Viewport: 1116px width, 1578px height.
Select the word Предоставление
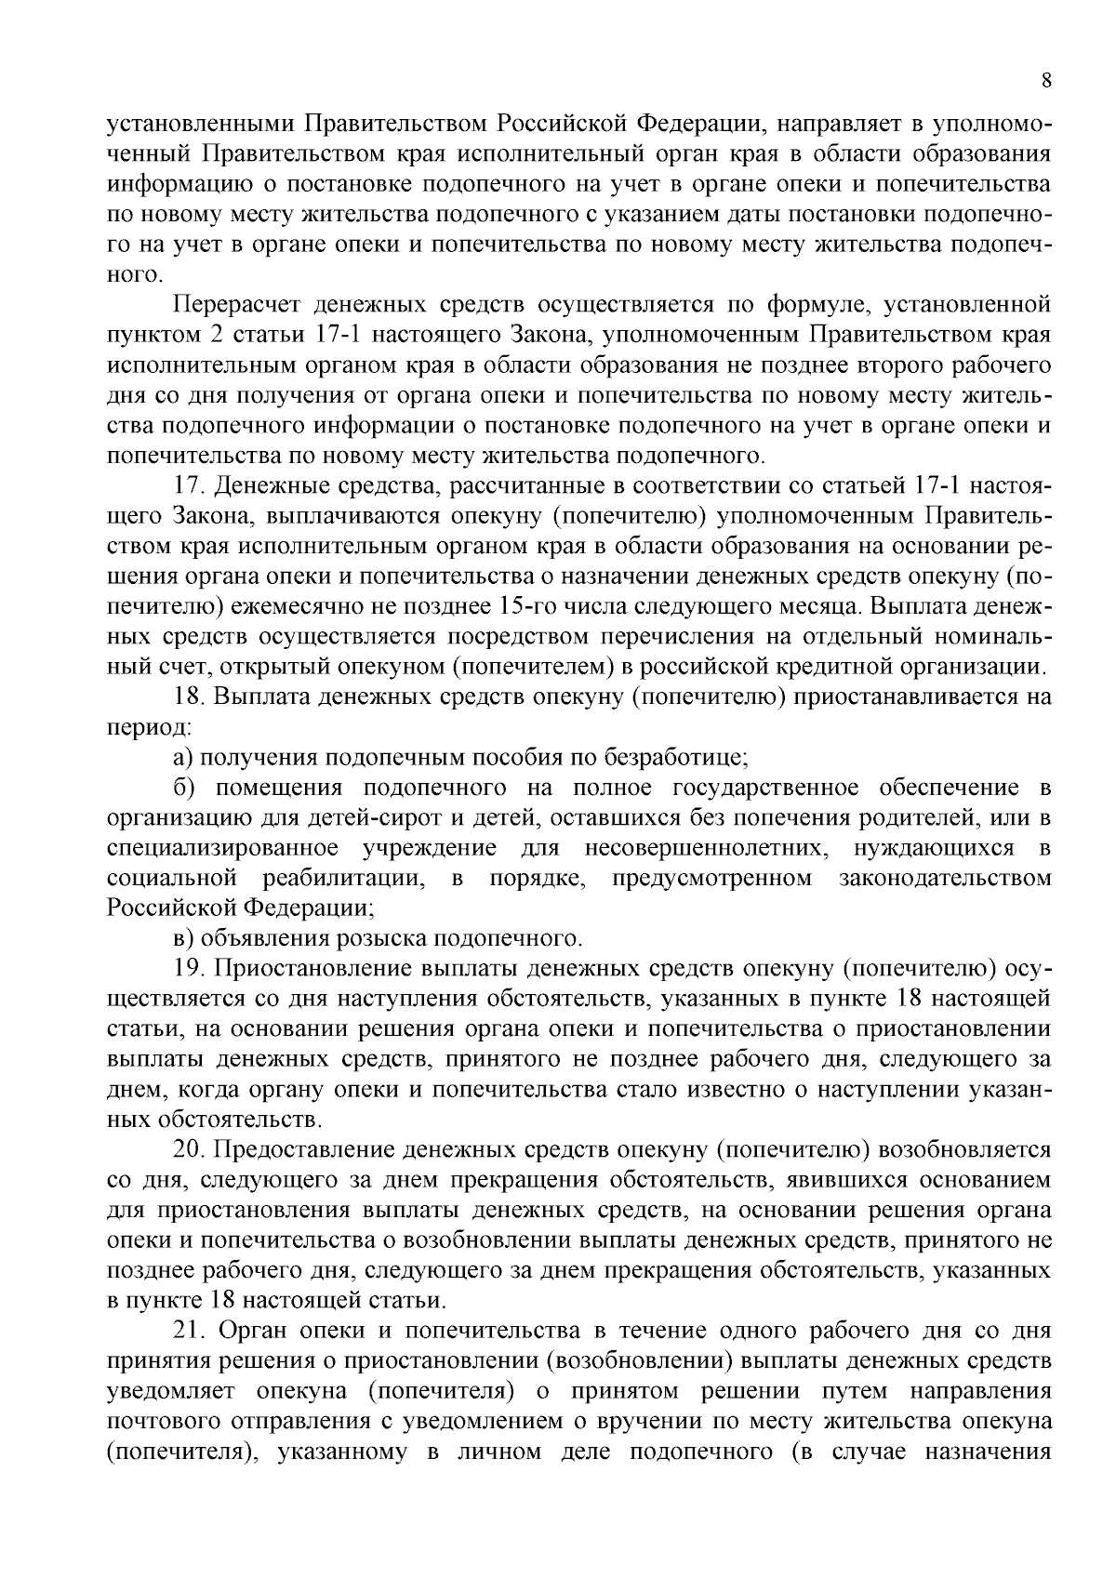[307, 1150]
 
